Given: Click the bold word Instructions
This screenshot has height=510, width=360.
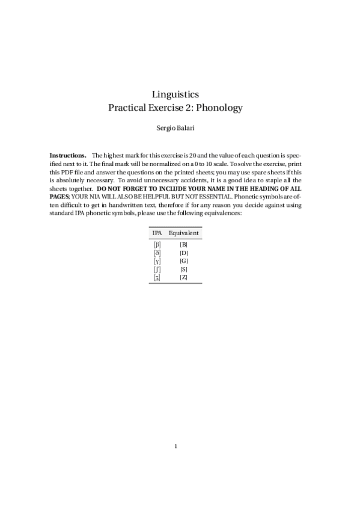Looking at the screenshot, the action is click(x=68, y=155).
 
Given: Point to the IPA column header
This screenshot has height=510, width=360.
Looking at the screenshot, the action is click(x=157, y=233).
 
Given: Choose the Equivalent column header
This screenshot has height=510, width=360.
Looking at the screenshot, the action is click(x=184, y=233).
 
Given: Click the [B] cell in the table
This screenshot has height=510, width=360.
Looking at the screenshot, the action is click(x=184, y=244).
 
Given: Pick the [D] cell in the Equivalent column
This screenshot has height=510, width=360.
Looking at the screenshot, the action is click(x=184, y=253).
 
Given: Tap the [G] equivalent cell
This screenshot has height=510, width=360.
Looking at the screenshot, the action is click(x=184, y=261).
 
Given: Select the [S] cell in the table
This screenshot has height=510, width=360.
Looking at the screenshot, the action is click(x=184, y=269).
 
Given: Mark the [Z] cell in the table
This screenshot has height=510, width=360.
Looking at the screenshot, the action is click(x=184, y=277).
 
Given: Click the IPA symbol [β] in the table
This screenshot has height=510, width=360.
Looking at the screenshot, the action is click(x=157, y=244).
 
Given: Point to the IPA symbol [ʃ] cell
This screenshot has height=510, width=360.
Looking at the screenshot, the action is click(x=157, y=269).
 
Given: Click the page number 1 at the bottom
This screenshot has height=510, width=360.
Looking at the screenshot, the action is click(x=175, y=446).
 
